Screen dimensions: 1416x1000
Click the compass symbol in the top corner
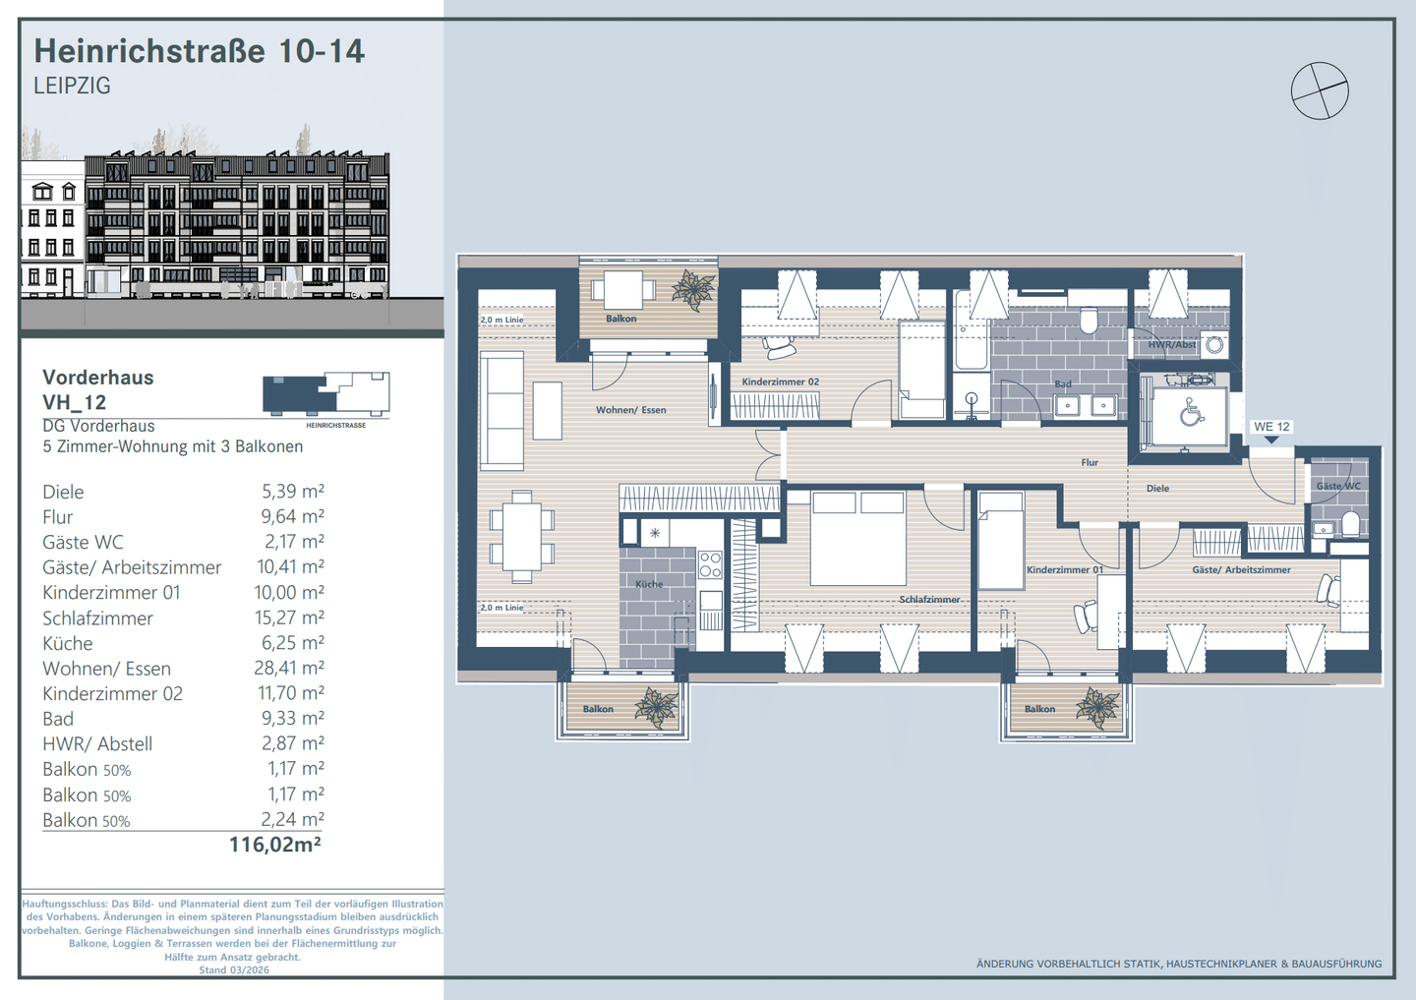point(1320,90)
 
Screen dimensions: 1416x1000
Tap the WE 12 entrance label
point(1271,427)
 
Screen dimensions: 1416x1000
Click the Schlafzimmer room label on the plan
point(929,599)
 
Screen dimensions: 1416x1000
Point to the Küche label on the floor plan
point(649,584)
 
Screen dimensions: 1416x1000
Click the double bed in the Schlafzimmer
point(858,539)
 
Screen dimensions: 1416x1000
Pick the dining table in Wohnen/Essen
point(521,537)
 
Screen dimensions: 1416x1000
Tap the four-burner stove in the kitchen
point(710,564)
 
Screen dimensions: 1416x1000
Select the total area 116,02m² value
point(275,845)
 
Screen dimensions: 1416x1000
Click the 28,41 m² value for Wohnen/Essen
point(289,668)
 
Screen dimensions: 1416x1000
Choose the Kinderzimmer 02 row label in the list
point(112,693)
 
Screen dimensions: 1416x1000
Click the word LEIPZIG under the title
point(72,86)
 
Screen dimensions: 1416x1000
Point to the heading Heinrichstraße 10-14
point(199,50)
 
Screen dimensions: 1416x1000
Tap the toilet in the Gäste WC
point(1349,524)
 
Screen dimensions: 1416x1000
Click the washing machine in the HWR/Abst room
point(1214,345)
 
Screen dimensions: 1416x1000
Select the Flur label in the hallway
point(1090,463)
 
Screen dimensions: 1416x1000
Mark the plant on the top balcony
point(692,289)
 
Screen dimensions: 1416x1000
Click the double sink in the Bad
point(1086,405)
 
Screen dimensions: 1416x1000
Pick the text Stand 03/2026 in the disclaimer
point(234,970)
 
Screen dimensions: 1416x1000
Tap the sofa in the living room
point(501,411)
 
